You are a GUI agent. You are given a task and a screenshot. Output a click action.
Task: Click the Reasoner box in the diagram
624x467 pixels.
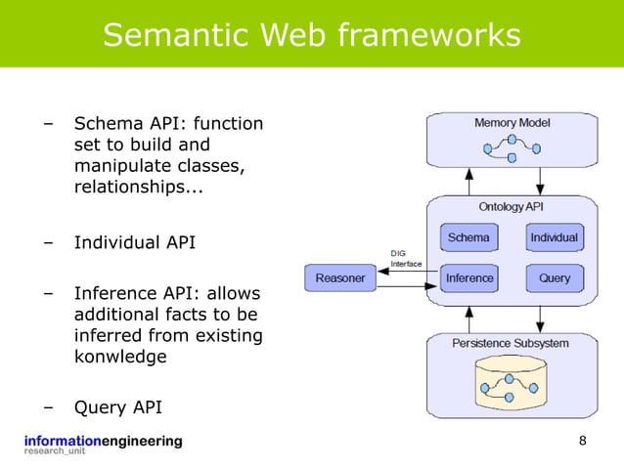[x=340, y=277]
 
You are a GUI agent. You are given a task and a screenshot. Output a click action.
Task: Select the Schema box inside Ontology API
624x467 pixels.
[x=469, y=237]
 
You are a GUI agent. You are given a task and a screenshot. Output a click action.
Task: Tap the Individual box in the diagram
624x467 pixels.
[x=554, y=237]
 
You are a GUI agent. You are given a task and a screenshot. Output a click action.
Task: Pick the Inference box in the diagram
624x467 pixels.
[x=469, y=277]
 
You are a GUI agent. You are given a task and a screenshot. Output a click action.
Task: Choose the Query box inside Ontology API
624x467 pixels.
[x=554, y=277]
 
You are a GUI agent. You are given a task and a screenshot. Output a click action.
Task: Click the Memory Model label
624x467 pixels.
[x=513, y=123]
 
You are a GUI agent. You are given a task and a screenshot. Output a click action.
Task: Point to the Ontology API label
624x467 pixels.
[x=512, y=207]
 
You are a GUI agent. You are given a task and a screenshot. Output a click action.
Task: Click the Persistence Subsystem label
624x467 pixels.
[x=511, y=344]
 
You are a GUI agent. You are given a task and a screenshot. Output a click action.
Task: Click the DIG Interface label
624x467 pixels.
[x=407, y=258]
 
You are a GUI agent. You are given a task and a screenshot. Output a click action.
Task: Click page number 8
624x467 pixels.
[x=583, y=442]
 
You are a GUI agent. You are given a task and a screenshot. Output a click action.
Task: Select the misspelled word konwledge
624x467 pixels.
[x=120, y=358]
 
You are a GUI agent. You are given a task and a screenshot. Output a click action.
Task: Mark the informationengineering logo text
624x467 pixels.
[x=103, y=442]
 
